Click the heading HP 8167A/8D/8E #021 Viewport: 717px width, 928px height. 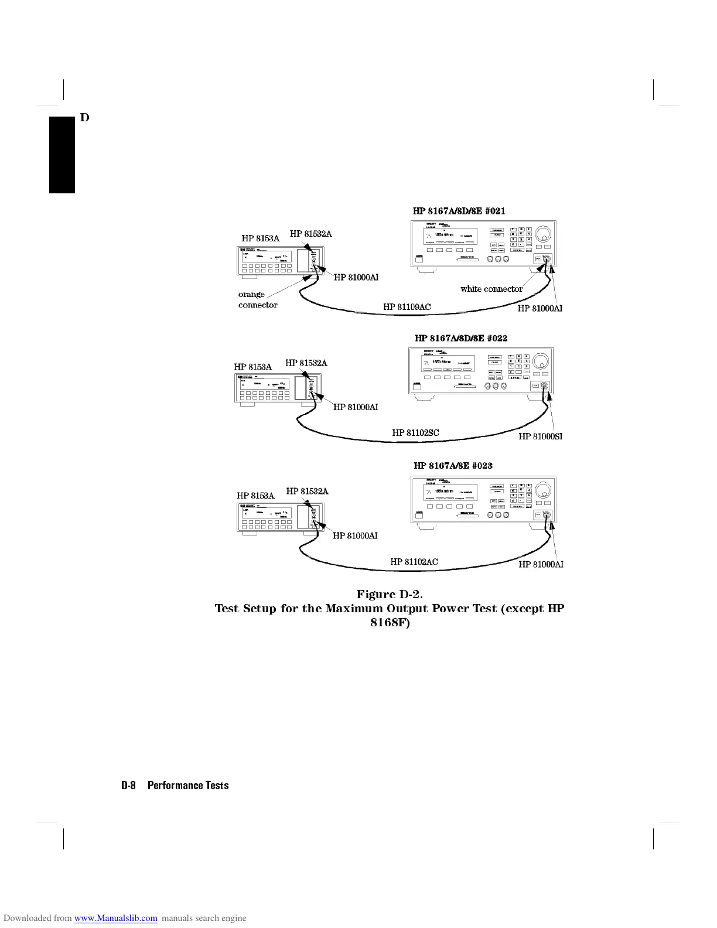(x=459, y=211)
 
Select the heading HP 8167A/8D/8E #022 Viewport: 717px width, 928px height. (x=461, y=338)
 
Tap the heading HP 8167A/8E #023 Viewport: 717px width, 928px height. (x=453, y=466)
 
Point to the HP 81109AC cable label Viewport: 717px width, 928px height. (x=407, y=307)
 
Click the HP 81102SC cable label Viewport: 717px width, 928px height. (x=415, y=433)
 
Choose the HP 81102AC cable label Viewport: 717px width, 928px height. (x=414, y=562)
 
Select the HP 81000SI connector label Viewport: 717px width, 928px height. (x=540, y=436)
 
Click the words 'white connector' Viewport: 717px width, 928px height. (x=491, y=289)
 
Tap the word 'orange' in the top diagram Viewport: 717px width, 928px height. (x=251, y=294)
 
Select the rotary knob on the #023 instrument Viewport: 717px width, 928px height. (x=542, y=490)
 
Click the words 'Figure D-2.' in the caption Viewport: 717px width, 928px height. (x=390, y=595)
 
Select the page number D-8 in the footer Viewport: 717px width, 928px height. (x=128, y=786)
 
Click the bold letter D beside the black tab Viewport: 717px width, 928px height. (x=84, y=118)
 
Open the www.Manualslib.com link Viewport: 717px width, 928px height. (x=115, y=919)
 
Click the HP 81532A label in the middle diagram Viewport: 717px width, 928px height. (x=306, y=363)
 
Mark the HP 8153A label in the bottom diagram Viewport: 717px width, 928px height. (x=255, y=496)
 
